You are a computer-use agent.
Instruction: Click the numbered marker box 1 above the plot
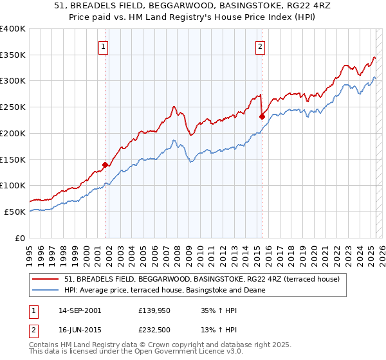point(104,46)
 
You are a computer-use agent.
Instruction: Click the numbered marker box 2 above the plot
point(261,46)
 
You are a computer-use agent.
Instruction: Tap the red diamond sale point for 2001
point(106,165)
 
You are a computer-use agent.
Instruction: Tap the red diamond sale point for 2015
point(262,116)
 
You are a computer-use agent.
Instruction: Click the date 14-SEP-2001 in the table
point(79,310)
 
